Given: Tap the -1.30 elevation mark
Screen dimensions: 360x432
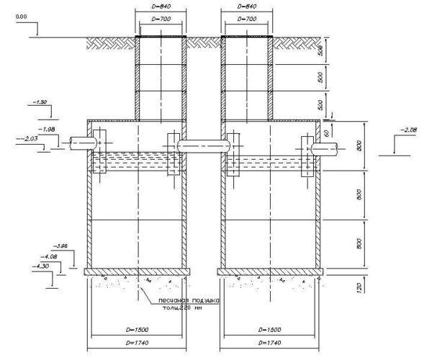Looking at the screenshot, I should [x=40, y=102].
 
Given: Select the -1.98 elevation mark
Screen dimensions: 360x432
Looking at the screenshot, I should [x=49, y=129].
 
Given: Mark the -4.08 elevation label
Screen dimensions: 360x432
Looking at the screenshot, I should [x=51, y=256].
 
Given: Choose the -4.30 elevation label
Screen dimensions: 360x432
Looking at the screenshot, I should [x=42, y=267].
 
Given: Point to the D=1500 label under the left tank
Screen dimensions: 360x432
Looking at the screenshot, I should [x=136, y=330].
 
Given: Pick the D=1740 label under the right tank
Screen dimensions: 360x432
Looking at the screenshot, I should [x=269, y=345].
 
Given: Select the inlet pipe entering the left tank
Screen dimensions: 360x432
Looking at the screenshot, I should [x=78, y=144].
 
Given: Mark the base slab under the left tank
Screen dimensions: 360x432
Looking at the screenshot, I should [x=137, y=272].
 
